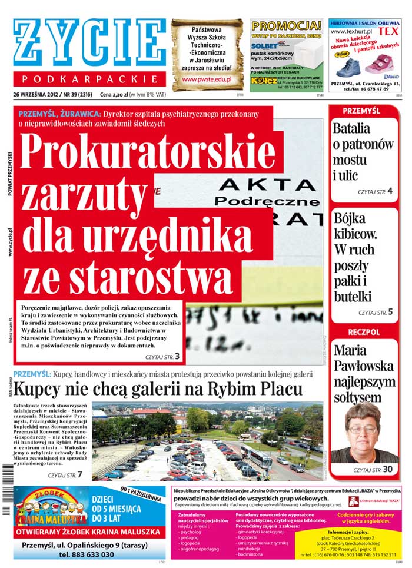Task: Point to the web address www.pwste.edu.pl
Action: [x=207, y=79]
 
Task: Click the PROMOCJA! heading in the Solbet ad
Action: [x=286, y=26]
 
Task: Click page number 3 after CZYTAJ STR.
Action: [x=177, y=356]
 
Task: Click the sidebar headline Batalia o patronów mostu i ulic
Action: [x=363, y=151]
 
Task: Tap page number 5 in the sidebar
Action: [x=390, y=312]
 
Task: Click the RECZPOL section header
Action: [x=363, y=333]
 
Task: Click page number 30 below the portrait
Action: [x=387, y=470]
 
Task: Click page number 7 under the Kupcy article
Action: [x=79, y=474]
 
